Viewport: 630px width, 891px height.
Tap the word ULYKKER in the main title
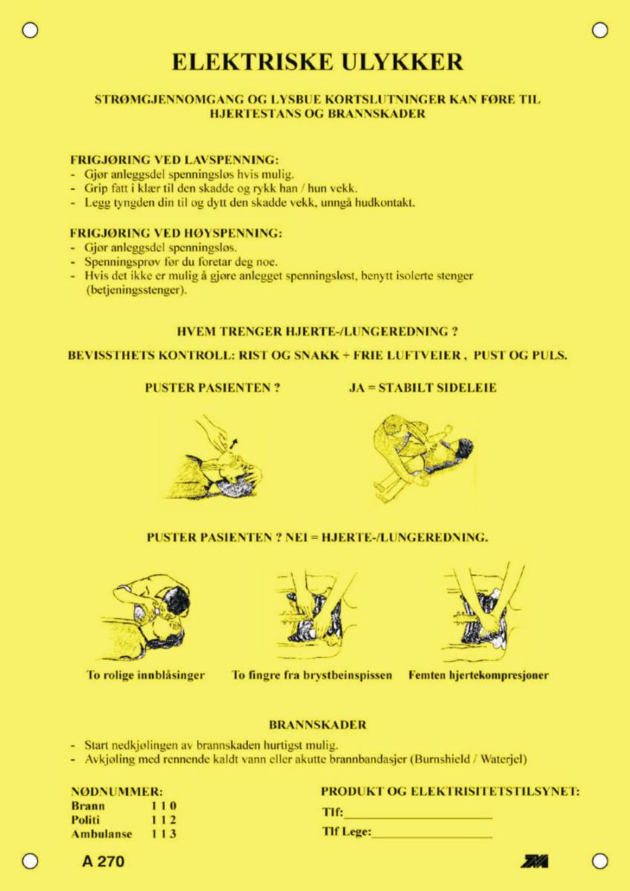[x=402, y=62]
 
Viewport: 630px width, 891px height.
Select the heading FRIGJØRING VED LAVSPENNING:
[x=175, y=160]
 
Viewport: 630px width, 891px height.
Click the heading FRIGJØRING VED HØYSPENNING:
[x=176, y=233]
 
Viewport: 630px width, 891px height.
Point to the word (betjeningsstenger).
[x=136, y=290]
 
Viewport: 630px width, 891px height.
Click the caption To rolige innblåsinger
[x=146, y=675]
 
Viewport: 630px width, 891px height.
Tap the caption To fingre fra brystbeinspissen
[x=312, y=675]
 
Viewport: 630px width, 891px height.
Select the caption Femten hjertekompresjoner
[x=478, y=675]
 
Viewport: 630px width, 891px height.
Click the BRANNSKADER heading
[x=317, y=725]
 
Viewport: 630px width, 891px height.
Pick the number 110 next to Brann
[x=163, y=806]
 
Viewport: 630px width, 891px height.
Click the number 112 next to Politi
[x=163, y=820]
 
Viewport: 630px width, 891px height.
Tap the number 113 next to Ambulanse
[x=163, y=834]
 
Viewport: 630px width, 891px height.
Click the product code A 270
[x=103, y=861]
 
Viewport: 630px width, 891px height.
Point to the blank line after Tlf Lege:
[x=432, y=838]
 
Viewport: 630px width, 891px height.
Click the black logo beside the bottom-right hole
[x=534, y=861]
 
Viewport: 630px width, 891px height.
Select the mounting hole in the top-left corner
[x=30, y=30]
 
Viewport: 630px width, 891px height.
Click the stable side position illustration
[x=424, y=458]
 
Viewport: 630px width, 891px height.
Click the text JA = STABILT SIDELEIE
[x=423, y=388]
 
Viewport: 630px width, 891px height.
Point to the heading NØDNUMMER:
[x=117, y=792]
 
